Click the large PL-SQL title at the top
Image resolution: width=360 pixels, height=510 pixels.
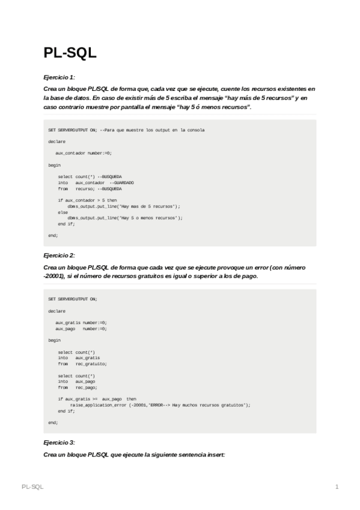click(x=70, y=53)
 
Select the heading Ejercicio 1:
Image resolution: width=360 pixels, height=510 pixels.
click(x=59, y=78)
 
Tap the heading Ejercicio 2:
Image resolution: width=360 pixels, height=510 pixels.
click(x=59, y=256)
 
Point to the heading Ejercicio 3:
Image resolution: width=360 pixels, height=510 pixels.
click(x=59, y=442)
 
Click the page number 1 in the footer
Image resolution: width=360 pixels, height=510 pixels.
click(x=337, y=486)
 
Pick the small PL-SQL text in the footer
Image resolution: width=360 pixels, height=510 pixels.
click(x=32, y=486)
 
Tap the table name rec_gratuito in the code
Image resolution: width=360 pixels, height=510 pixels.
click(x=91, y=363)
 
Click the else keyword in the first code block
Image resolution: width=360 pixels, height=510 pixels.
click(x=63, y=212)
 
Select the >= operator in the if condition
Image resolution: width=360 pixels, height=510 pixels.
click(x=94, y=399)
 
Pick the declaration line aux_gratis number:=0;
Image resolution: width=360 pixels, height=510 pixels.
click(x=81, y=323)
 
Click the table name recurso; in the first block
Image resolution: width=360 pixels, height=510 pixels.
click(x=85, y=188)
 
